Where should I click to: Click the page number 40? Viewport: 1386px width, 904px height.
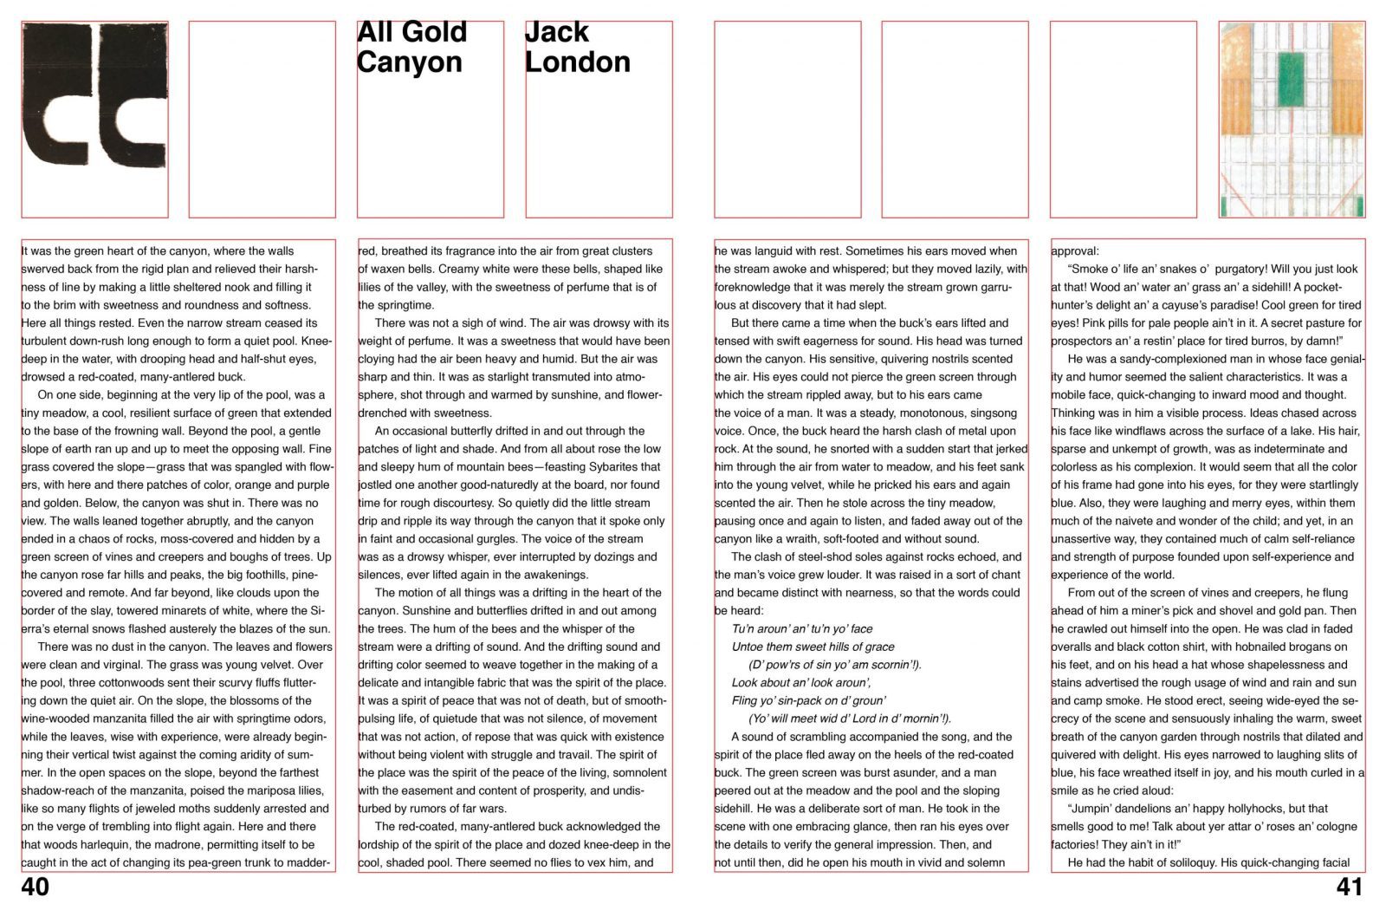36,887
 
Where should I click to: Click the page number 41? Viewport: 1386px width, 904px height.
1349,887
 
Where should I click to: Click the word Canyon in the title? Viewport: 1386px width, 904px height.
409,62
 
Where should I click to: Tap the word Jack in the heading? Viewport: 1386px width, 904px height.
557,32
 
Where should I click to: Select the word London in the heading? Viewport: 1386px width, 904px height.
577,62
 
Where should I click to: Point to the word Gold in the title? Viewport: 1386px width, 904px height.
435,32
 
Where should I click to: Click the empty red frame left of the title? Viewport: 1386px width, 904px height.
262,119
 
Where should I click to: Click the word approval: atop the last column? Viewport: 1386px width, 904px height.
1074,251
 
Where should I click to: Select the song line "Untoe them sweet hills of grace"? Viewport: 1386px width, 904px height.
813,647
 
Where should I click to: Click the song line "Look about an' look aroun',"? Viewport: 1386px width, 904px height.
801,682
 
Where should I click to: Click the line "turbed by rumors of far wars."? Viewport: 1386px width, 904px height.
432,809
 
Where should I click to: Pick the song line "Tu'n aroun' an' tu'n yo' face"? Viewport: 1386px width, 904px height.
802,628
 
